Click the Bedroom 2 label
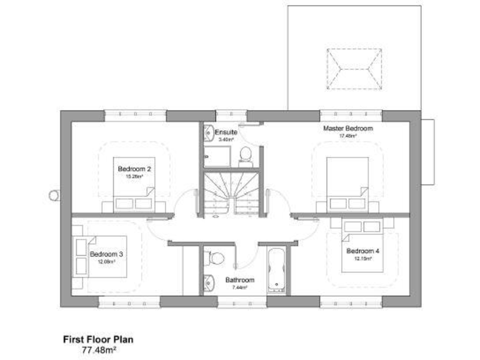point(134,169)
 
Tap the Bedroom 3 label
point(106,254)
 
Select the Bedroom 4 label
point(363,252)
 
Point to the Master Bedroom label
point(347,129)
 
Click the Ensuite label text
point(226,133)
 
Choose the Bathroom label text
point(240,280)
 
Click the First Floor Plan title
point(97,339)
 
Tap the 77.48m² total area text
point(98,351)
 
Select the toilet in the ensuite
point(246,156)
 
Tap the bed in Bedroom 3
point(100,256)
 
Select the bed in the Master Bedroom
point(347,181)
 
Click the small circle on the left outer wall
point(53,195)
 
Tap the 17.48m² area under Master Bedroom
point(347,136)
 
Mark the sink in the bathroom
point(209,282)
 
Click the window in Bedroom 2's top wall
point(135,115)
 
